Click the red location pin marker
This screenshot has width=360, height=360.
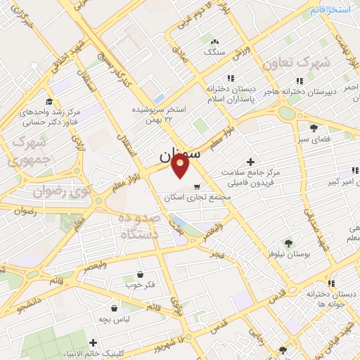(x=181, y=167)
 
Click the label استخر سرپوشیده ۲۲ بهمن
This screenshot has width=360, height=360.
(x=162, y=115)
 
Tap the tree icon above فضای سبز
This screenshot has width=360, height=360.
(x=314, y=128)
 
